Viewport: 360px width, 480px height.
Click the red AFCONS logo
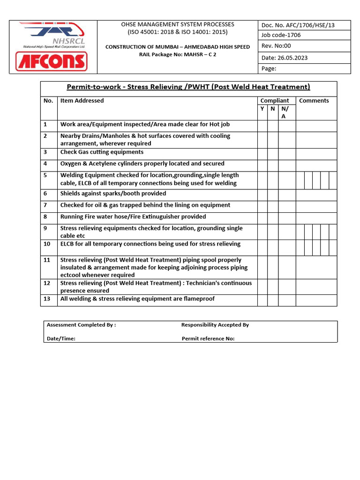(x=51, y=61)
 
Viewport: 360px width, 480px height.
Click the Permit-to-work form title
(x=188, y=87)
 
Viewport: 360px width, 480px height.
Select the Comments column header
(x=314, y=101)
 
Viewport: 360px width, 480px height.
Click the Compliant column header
(x=274, y=101)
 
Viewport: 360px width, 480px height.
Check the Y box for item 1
(x=262, y=125)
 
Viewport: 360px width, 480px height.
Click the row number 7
(x=46, y=205)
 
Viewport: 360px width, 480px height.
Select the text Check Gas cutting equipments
(x=102, y=152)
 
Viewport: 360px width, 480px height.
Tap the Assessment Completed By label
(x=81, y=325)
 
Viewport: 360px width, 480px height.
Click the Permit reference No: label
(x=208, y=339)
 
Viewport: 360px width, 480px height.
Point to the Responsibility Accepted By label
(x=215, y=325)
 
